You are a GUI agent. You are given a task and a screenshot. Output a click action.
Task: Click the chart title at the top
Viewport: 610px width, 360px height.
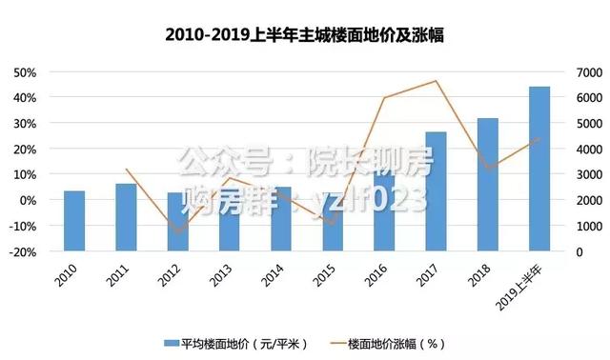pyautogui.click(x=305, y=35)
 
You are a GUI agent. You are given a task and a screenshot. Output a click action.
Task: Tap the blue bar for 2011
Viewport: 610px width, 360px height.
pyautogui.click(x=126, y=217)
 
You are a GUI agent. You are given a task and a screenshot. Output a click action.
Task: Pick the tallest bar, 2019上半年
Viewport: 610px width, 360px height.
pyautogui.click(x=539, y=169)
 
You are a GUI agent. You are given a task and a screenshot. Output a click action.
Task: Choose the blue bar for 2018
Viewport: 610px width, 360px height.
pyautogui.click(x=488, y=185)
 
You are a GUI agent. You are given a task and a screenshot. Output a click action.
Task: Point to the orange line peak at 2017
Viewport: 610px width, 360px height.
pyautogui.click(x=436, y=81)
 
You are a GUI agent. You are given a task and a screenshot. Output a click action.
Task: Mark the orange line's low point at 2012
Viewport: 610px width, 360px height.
pyautogui.click(x=177, y=231)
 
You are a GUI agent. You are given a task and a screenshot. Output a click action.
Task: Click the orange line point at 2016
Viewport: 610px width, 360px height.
pyautogui.click(x=384, y=97)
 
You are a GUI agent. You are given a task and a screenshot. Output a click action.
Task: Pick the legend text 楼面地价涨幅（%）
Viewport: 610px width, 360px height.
pyautogui.click(x=396, y=342)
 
